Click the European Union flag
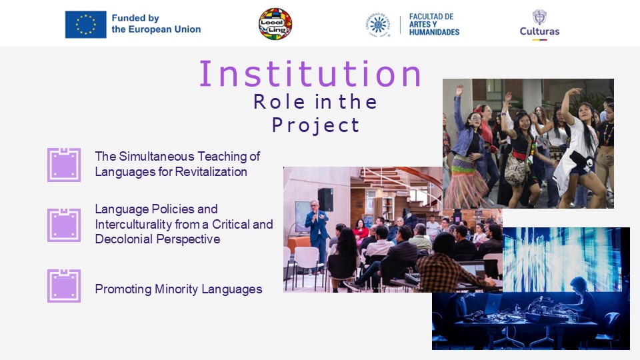[x=86, y=25]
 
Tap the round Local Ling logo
[x=275, y=24]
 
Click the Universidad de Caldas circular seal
[x=378, y=25]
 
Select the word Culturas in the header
[x=539, y=31]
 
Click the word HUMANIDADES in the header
[x=434, y=32]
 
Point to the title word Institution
[x=310, y=74]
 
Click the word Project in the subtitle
[x=315, y=125]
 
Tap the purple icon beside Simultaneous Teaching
[x=64, y=165]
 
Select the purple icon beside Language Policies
[x=64, y=225]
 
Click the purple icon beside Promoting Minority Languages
[x=64, y=286]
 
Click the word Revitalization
[x=211, y=172]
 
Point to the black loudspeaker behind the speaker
[x=325, y=199]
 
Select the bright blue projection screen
[x=561, y=259]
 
